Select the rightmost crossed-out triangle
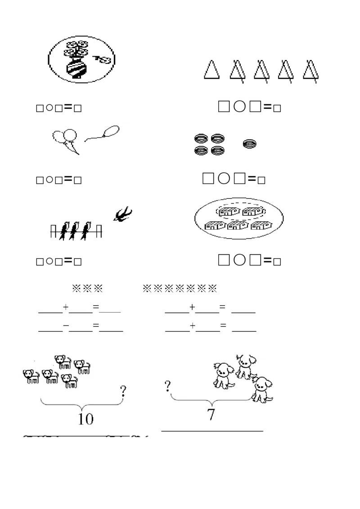pyautogui.click(x=309, y=71)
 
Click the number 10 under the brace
pyautogui.click(x=85, y=419)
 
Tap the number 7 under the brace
pyautogui.click(x=211, y=415)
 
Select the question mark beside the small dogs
pyautogui.click(x=123, y=393)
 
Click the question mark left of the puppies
pyautogui.click(x=167, y=386)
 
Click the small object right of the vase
pyautogui.click(x=103, y=59)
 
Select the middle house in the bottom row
pyautogui.click(x=237, y=225)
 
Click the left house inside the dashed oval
pyautogui.click(x=228, y=211)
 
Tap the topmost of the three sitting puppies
pyautogui.click(x=245, y=365)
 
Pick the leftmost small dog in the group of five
pyautogui.click(x=31, y=376)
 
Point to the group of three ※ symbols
pyautogui.click(x=87, y=288)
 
